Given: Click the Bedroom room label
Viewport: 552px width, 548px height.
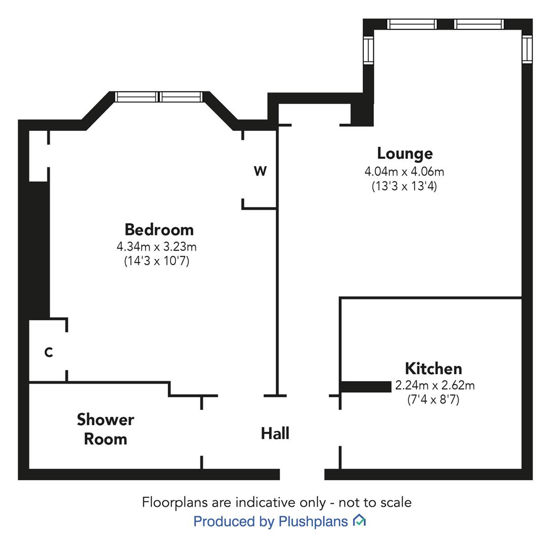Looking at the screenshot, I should (159, 230).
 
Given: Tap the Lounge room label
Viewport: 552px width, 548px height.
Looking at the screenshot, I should (404, 154).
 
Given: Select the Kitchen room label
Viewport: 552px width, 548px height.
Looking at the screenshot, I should (433, 368).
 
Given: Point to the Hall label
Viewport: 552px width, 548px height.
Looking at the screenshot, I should (275, 433).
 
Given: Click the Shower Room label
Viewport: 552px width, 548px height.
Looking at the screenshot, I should (106, 429).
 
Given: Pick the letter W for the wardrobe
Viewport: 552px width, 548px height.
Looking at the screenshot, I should (260, 172).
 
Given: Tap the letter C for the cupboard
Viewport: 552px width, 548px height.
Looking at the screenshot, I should (49, 352).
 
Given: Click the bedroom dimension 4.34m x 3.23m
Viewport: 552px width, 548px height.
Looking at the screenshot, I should (157, 247).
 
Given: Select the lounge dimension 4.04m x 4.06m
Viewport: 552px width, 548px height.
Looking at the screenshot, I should (404, 172).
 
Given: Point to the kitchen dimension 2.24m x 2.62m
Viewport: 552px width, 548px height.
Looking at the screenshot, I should (435, 386).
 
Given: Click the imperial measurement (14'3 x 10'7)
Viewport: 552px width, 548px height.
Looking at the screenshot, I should (157, 261).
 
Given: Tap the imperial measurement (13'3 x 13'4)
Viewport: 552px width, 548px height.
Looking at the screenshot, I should (404, 186).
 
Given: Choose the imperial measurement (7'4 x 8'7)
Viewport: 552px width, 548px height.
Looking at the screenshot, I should (433, 400).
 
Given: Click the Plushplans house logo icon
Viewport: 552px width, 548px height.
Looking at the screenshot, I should (359, 521).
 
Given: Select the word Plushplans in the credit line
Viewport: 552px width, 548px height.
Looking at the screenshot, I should (313, 522).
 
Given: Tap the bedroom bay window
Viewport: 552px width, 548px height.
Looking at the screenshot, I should (159, 97).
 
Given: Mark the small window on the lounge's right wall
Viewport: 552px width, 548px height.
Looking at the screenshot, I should (527, 50).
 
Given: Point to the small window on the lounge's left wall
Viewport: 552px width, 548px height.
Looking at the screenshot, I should (368, 51).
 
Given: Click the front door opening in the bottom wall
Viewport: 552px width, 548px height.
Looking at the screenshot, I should (302, 474).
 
